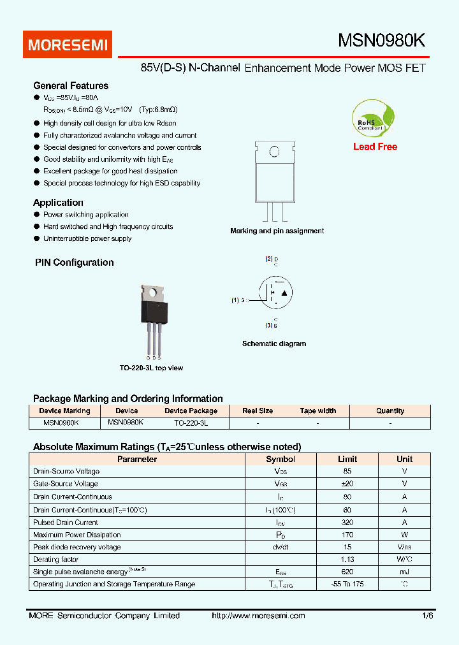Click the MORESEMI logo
pyautogui.click(x=69, y=45)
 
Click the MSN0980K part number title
pyautogui.click(x=381, y=41)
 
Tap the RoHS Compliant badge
pyautogui.click(x=373, y=119)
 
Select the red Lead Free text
pyautogui.click(x=375, y=147)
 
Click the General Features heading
pyautogui.click(x=71, y=85)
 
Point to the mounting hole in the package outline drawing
pyautogui.click(x=274, y=152)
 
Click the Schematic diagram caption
pyautogui.click(x=274, y=344)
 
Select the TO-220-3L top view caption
pyautogui.click(x=151, y=368)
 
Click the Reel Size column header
pyautogui.click(x=258, y=411)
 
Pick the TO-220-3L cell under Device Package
pyautogui.click(x=191, y=423)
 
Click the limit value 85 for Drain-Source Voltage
pyautogui.click(x=347, y=471)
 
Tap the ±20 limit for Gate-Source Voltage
pyautogui.click(x=347, y=484)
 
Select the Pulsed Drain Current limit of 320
pyautogui.click(x=347, y=522)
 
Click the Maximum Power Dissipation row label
pyautogui.click(x=76, y=535)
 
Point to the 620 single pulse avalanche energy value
pyautogui.click(x=347, y=572)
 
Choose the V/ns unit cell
pyautogui.click(x=404, y=547)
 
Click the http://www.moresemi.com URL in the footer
pyautogui.click(x=258, y=616)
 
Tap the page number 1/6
pyautogui.click(x=426, y=616)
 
